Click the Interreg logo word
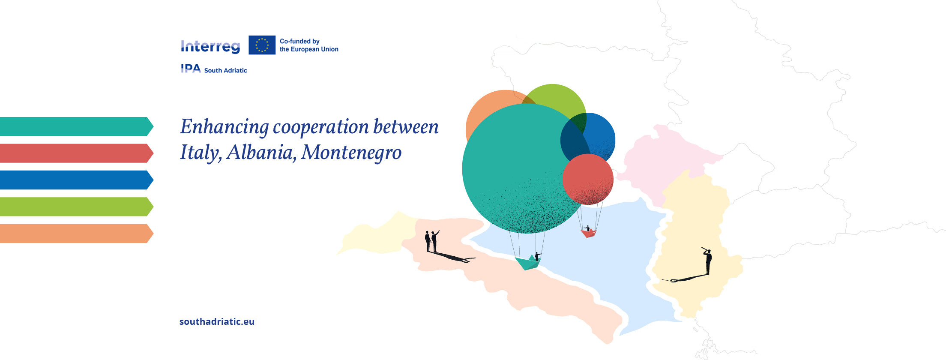pyautogui.click(x=210, y=46)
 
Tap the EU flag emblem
pyautogui.click(x=262, y=45)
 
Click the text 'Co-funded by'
pyautogui.click(x=299, y=41)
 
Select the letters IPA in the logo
pyautogui.click(x=191, y=69)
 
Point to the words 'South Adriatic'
pyautogui.click(x=225, y=70)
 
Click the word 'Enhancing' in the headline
pyautogui.click(x=224, y=127)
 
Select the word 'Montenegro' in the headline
pyautogui.click(x=351, y=152)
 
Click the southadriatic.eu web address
pyautogui.click(x=217, y=321)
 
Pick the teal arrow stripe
pyautogui.click(x=75, y=126)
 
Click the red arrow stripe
pyautogui.click(x=75, y=153)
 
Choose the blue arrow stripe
pyautogui.click(x=75, y=180)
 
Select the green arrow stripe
pyautogui.click(x=75, y=207)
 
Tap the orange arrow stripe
pyautogui.click(x=75, y=234)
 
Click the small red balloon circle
pyautogui.click(x=588, y=179)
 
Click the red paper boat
pyautogui.click(x=588, y=233)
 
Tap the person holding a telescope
pyautogui.click(x=708, y=260)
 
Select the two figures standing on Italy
pyautogui.click(x=431, y=241)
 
